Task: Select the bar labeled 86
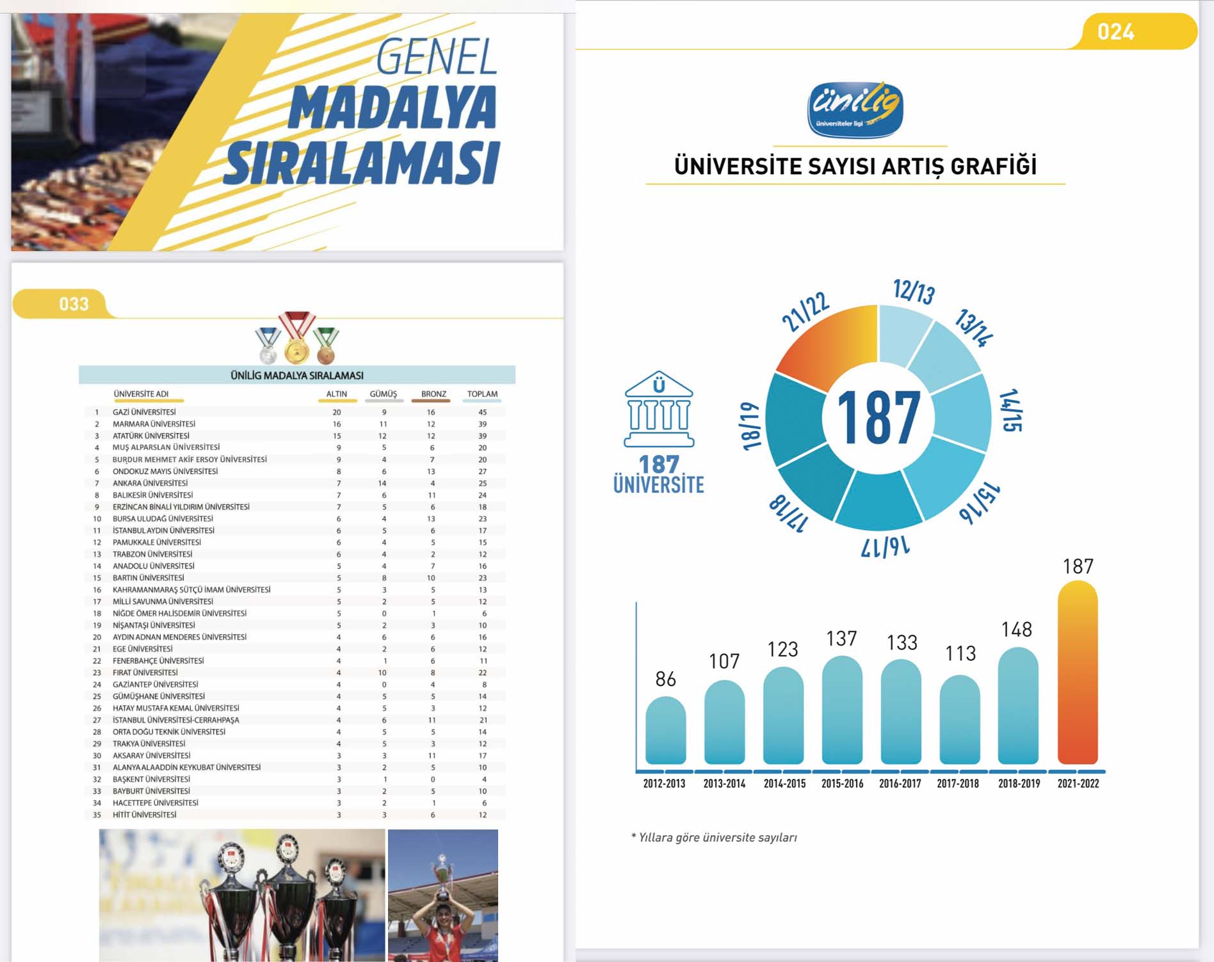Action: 665,730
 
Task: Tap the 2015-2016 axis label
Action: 842,783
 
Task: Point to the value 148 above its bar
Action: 1017,630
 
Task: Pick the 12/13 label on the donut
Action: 914,291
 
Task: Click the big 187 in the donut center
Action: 878,418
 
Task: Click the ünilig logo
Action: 855,109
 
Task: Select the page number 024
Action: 1115,31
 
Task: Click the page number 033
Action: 74,304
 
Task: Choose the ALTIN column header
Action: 337,394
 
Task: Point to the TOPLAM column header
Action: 482,394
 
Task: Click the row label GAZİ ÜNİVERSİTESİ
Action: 144,412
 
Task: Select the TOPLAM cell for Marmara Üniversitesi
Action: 482,424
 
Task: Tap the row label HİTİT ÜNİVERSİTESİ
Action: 144,815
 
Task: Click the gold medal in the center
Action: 296,349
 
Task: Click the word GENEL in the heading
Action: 436,57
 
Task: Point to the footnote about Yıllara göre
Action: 714,837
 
